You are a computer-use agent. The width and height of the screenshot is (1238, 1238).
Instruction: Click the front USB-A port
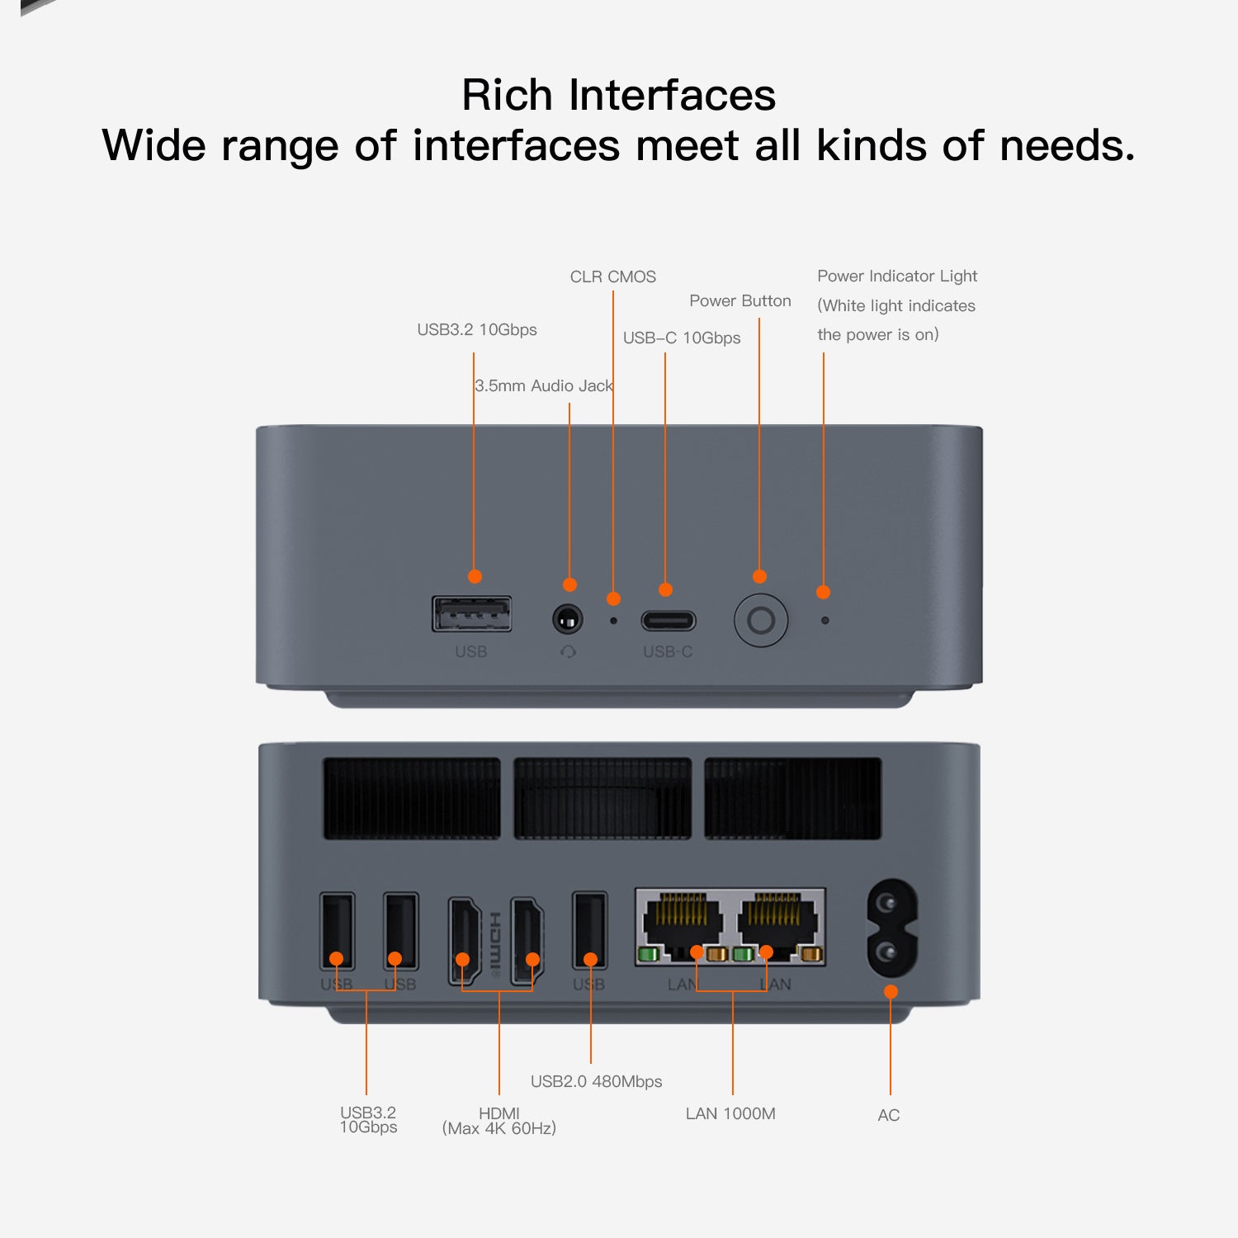click(x=472, y=614)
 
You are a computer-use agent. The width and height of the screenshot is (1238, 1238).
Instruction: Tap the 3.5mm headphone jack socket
click(x=567, y=618)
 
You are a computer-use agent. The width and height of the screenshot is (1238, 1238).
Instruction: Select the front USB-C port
click(x=669, y=620)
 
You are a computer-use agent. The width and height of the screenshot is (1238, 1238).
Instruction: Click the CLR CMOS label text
click(x=612, y=276)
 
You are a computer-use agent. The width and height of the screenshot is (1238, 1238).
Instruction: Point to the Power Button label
click(x=739, y=301)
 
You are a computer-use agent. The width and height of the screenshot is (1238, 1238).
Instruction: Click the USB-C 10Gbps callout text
click(x=681, y=338)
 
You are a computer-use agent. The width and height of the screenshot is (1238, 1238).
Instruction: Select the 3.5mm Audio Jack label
click(x=543, y=385)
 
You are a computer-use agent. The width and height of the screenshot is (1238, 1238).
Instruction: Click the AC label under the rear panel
click(x=888, y=1115)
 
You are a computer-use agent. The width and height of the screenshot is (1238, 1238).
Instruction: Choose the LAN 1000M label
click(x=730, y=1113)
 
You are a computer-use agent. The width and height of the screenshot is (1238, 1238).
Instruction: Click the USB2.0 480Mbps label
click(x=596, y=1081)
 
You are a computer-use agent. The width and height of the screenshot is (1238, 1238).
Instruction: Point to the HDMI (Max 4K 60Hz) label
click(x=499, y=1121)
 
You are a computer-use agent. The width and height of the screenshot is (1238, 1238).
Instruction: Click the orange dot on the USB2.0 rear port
click(x=590, y=959)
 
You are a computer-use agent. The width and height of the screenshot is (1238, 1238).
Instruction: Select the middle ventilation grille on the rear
click(x=602, y=798)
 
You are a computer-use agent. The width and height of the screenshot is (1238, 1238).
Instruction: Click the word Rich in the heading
click(x=506, y=95)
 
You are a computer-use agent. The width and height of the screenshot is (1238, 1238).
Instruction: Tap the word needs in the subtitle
click(x=1066, y=146)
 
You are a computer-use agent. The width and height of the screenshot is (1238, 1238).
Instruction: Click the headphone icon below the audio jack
click(x=568, y=652)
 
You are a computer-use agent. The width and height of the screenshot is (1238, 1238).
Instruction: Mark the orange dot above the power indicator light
click(x=823, y=592)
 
